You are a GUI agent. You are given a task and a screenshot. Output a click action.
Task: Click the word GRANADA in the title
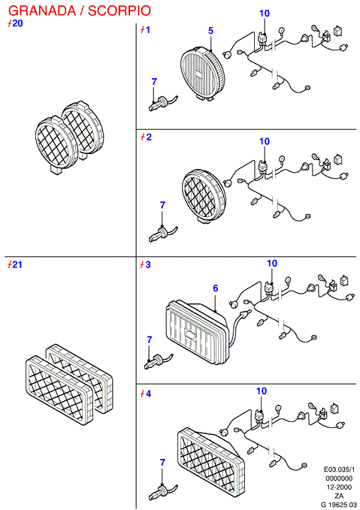coord(41,11)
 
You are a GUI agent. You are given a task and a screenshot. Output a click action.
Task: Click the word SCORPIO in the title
coord(119,11)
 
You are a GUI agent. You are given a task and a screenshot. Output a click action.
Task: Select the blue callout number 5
coord(210,31)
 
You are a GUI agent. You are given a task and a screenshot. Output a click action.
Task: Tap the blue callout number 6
coord(216,288)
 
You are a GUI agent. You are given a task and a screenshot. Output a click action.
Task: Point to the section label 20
coord(15,23)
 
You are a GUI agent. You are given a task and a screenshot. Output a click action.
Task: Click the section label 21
coord(15,264)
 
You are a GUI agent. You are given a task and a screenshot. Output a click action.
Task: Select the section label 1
coord(145,30)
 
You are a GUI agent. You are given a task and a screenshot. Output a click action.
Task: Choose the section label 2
coord(146,137)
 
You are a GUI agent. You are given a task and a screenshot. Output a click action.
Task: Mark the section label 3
coord(146,264)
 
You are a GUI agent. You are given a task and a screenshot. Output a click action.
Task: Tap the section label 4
coord(146,394)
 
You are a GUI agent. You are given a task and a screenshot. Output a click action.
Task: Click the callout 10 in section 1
coord(265,14)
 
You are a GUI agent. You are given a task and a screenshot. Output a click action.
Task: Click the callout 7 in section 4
coord(162,462)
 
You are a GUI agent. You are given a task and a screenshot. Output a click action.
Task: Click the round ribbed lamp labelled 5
coord(202,72)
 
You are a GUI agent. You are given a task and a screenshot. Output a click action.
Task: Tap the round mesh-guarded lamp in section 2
coord(204,196)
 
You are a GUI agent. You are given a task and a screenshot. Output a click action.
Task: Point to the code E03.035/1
coord(339,469)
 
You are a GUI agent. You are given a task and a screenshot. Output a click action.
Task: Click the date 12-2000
coord(339,487)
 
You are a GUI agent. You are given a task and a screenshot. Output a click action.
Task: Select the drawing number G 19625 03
coord(338,505)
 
